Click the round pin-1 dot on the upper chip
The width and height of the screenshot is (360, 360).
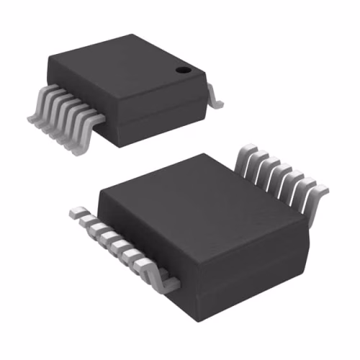point(184,71)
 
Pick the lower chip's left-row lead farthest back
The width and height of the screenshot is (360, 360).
point(78,213)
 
